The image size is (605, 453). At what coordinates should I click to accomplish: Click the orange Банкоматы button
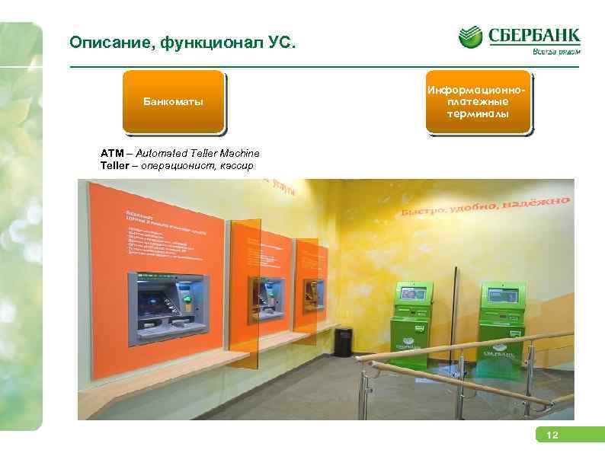click(x=174, y=102)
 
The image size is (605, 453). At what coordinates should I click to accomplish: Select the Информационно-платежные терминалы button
click(x=479, y=102)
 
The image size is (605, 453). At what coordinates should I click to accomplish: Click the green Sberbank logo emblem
click(x=470, y=38)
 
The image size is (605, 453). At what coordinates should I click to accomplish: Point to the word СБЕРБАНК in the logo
click(x=534, y=36)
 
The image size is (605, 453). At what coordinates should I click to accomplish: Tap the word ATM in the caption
click(x=110, y=154)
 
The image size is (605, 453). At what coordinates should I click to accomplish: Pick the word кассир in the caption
click(x=236, y=165)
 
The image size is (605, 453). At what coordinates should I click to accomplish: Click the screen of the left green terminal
click(x=413, y=292)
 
